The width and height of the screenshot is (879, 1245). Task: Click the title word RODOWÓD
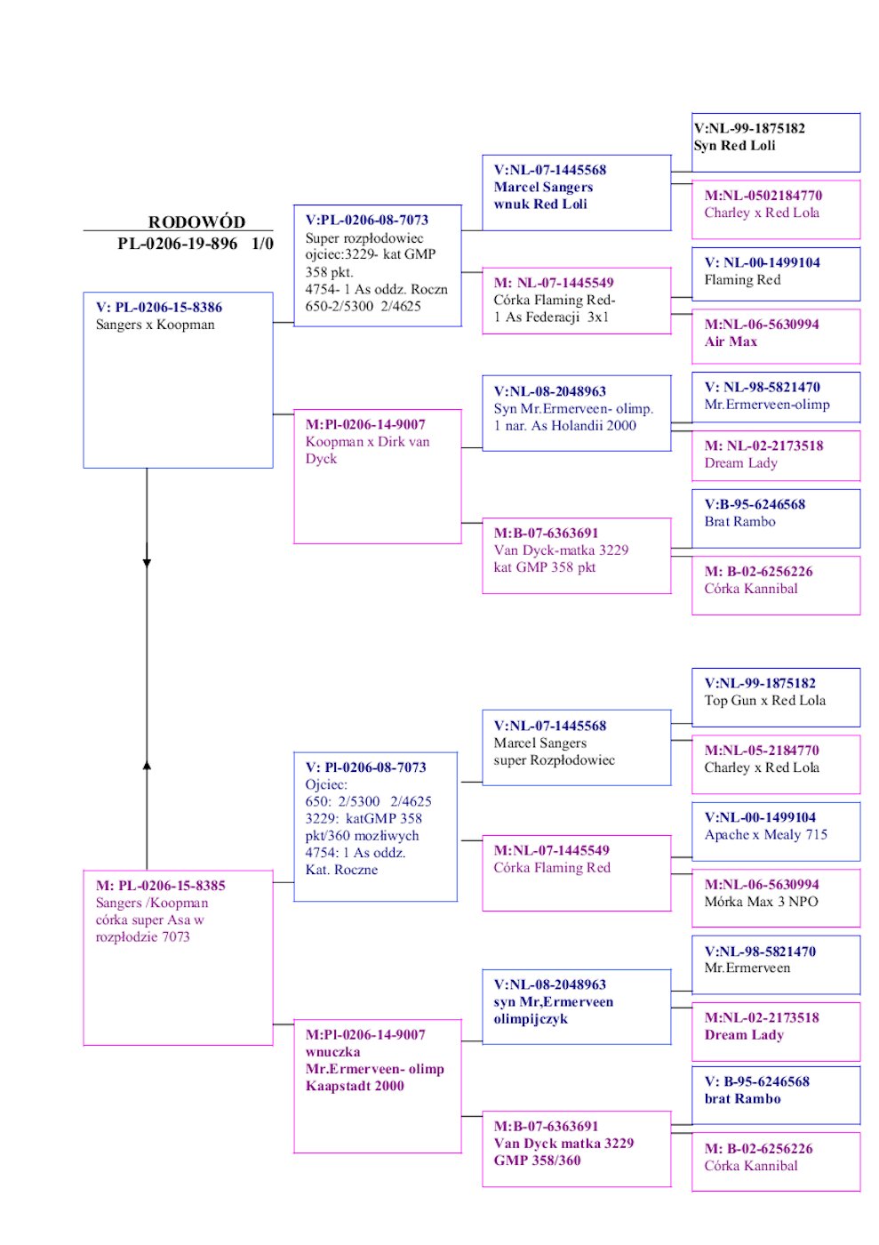click(x=196, y=222)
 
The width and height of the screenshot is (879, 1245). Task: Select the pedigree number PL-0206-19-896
click(x=177, y=244)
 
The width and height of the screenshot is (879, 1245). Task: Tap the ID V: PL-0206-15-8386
click(x=159, y=308)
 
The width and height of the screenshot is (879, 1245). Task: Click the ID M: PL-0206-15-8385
click(x=161, y=886)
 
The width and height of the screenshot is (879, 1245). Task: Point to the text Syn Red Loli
click(x=735, y=146)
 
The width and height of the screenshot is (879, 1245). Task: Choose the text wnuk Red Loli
click(x=540, y=205)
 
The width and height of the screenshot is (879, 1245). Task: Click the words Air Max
click(x=731, y=341)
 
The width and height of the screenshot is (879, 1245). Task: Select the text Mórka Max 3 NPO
click(x=761, y=902)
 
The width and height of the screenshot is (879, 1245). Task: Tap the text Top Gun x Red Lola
click(x=764, y=701)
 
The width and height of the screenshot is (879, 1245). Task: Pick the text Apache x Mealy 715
click(x=765, y=835)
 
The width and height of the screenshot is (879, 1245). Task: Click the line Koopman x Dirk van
click(x=367, y=442)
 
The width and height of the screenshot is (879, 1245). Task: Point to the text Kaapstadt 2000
click(x=355, y=1086)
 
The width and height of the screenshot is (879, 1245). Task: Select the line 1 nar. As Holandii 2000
click(x=564, y=426)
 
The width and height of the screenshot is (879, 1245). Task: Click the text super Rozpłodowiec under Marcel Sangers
click(x=554, y=760)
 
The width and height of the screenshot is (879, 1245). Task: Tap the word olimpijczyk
click(x=531, y=1019)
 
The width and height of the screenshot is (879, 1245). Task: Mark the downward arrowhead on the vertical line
click(x=147, y=562)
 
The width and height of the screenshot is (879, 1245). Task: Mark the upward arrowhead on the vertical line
click(x=147, y=764)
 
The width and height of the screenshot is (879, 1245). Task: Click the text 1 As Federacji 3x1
click(x=551, y=317)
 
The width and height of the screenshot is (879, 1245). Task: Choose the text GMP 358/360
click(x=537, y=1161)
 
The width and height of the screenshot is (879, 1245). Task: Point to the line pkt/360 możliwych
click(x=362, y=836)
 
